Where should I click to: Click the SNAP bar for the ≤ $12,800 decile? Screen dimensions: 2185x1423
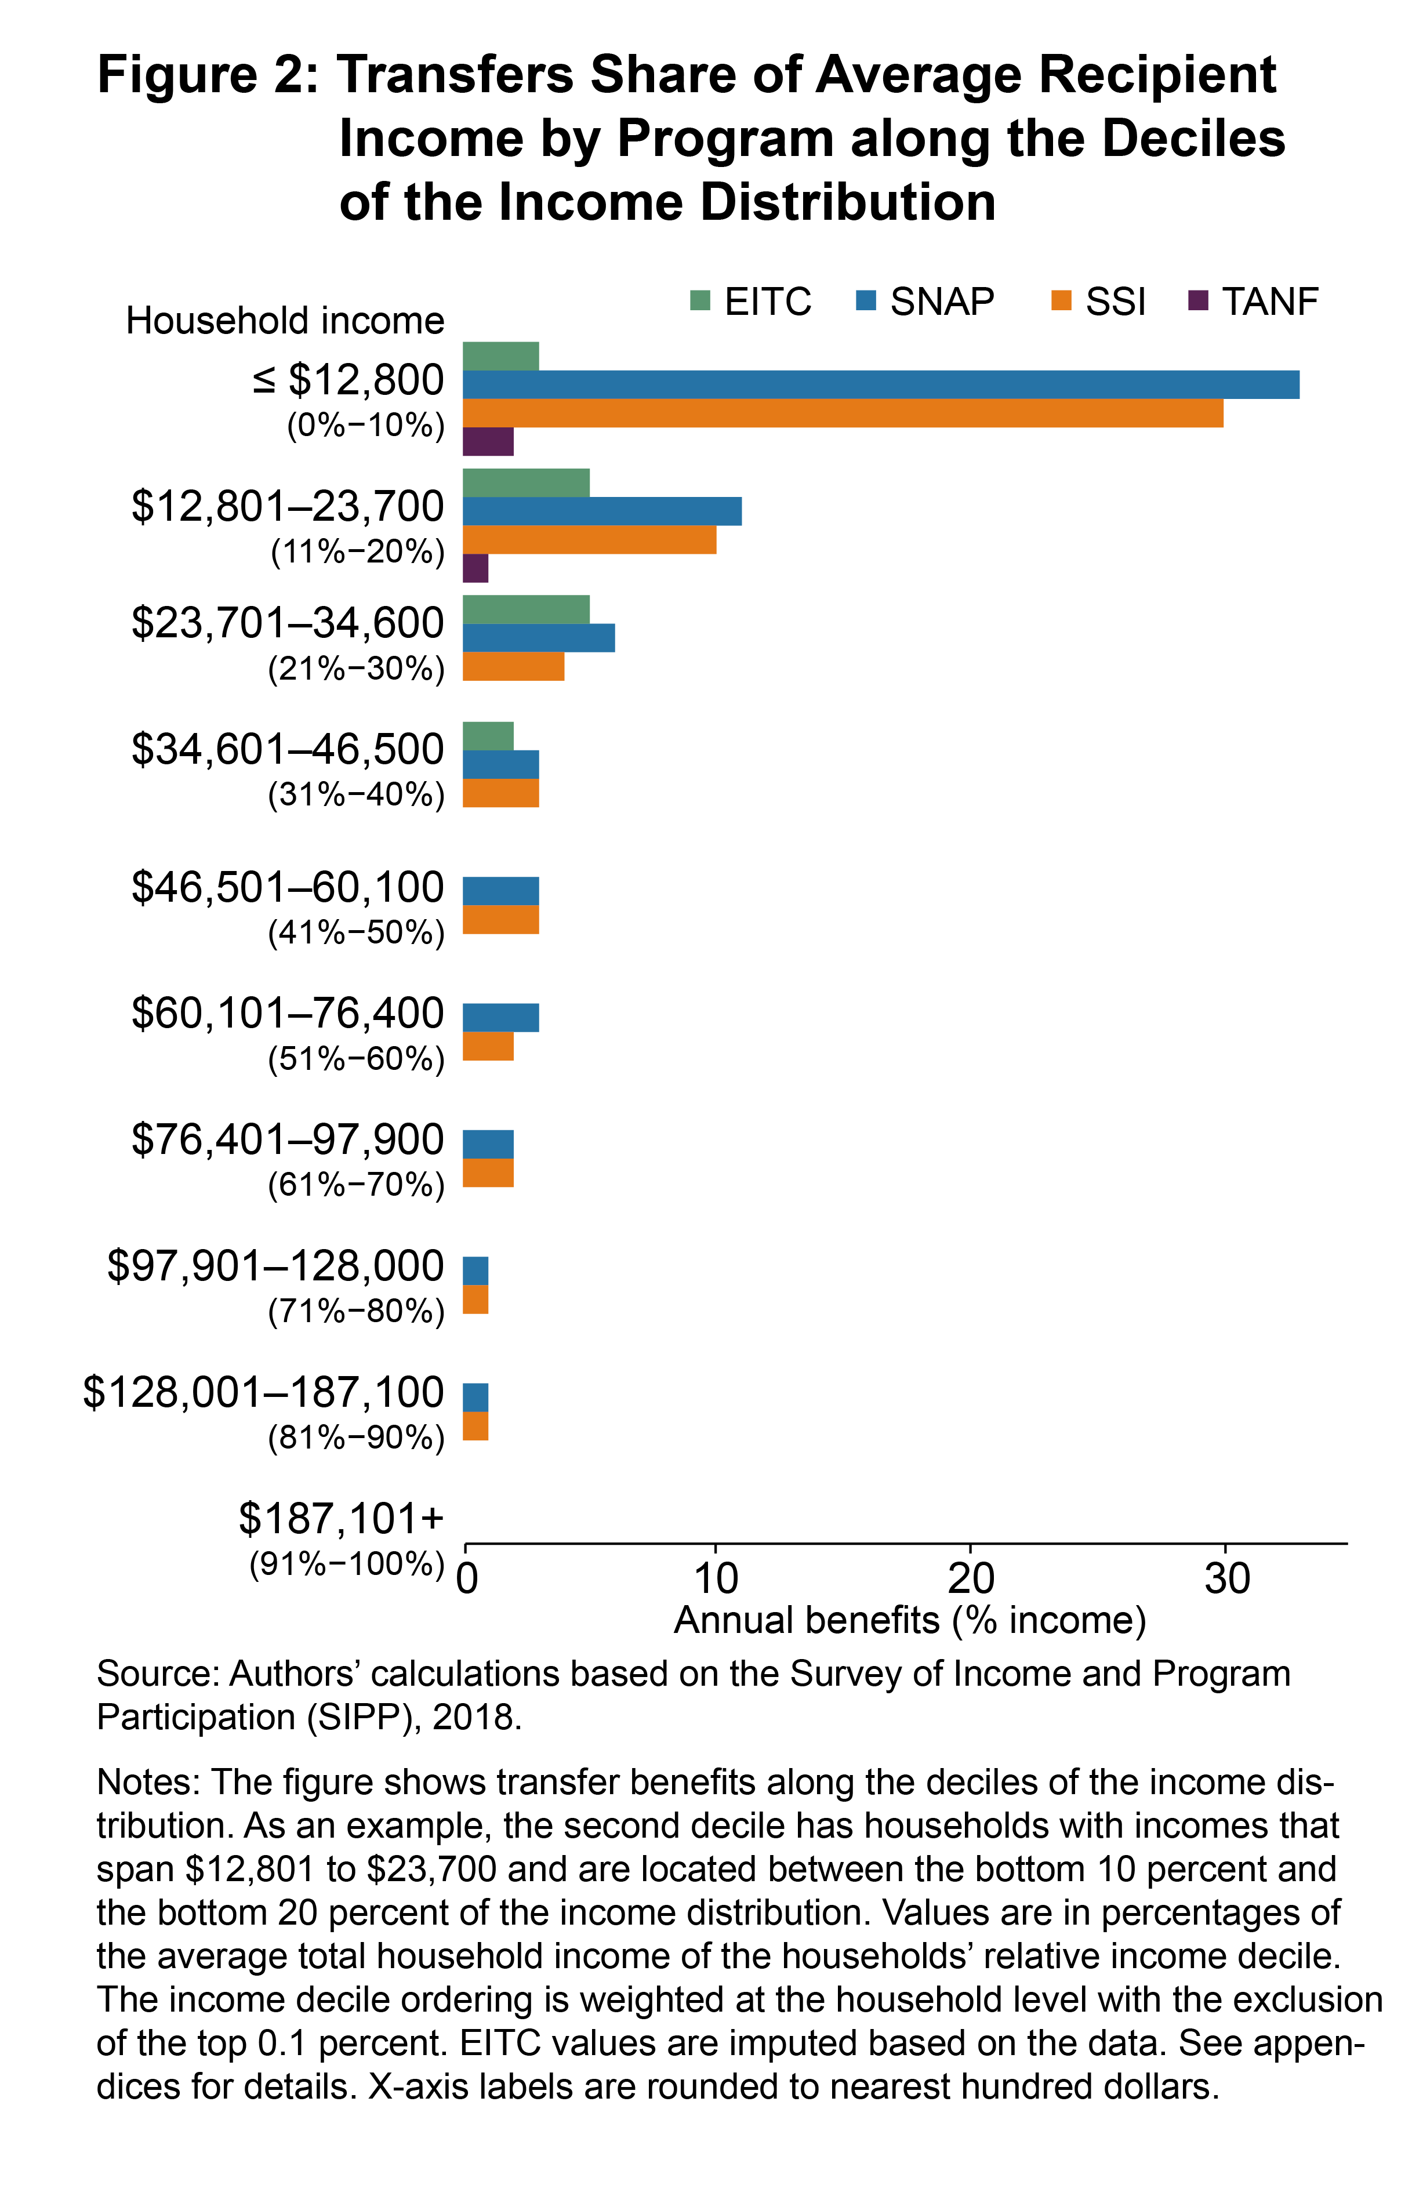(880, 384)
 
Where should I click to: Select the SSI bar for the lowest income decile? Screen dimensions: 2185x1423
(842, 413)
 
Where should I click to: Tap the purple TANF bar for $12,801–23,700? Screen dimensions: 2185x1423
(475, 568)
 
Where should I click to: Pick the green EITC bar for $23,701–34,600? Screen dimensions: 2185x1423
(525, 609)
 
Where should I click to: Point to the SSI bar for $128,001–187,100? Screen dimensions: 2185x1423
(475, 1426)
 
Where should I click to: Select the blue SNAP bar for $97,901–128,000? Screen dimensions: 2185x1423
(475, 1271)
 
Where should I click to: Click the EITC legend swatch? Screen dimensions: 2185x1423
(700, 301)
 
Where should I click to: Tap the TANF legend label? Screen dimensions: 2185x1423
(1270, 301)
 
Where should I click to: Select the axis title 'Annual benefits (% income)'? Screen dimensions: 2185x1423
(910, 1620)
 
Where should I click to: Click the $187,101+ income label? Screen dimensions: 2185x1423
(340, 1519)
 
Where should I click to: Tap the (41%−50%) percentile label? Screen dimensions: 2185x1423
(356, 933)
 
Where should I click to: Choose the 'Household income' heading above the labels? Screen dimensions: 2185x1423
(285, 321)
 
